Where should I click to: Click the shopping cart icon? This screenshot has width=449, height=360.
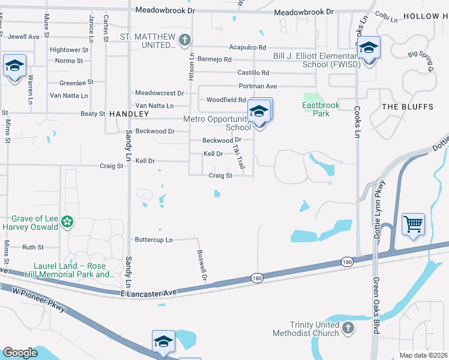[x=413, y=224]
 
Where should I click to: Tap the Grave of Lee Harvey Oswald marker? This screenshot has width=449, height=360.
[x=68, y=223]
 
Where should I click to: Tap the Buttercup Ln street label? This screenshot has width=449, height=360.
[x=153, y=240]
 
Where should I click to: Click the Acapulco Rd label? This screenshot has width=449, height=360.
[x=247, y=47]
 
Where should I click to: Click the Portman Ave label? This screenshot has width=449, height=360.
[x=258, y=86]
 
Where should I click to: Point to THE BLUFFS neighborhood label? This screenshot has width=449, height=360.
[x=407, y=107]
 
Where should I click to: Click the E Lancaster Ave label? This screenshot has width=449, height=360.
[x=148, y=292]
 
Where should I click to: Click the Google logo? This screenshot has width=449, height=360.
[x=20, y=353]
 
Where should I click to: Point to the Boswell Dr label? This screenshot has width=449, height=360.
[x=202, y=266]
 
